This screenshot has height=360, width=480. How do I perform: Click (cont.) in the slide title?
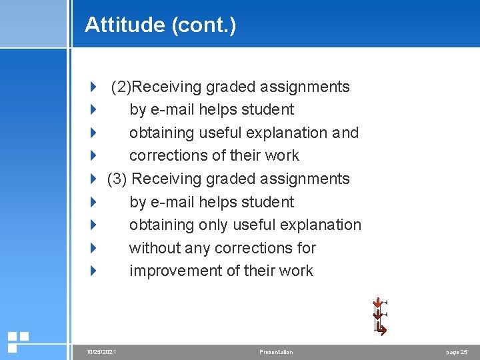tap(203, 25)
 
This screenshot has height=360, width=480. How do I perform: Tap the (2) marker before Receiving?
tap(121, 87)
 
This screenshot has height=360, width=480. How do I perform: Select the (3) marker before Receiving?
tap(117, 179)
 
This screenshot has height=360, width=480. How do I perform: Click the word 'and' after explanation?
tap(345, 133)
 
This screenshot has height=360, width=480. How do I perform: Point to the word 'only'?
tap(213, 225)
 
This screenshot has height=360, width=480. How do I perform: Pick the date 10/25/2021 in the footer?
tap(101, 352)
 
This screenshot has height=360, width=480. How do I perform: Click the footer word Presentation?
tap(276, 352)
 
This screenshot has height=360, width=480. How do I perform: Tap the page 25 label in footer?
tap(457, 352)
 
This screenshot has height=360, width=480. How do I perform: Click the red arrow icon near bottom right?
tap(380, 317)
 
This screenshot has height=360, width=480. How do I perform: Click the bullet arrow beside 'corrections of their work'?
tap(93, 155)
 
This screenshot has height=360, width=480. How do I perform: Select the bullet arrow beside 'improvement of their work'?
tap(93, 271)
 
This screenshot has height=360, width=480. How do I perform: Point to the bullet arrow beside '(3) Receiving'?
tap(93, 179)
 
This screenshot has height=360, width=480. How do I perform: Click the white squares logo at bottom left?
tap(17, 341)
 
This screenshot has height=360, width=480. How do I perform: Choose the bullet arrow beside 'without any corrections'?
tap(93, 248)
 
